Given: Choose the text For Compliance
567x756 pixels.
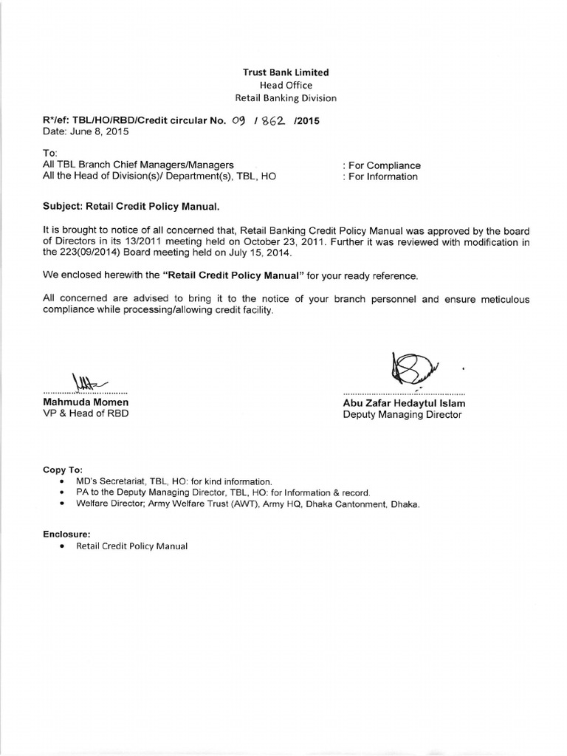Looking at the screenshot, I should pos(382,165).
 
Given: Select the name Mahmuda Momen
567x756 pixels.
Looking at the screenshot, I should pos(86,402).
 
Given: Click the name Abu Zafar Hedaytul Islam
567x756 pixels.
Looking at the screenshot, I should pos(404,403).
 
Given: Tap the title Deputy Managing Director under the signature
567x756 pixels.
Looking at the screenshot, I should pos(402,415).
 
